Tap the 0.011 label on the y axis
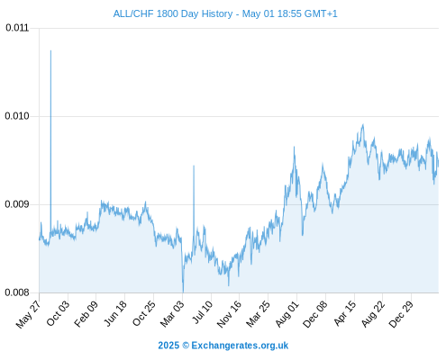(x=17, y=28)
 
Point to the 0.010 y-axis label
(x=17, y=116)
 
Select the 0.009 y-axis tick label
(x=17, y=204)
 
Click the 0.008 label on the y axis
(x=17, y=292)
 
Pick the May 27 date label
(x=29, y=314)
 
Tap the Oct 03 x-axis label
(x=58, y=313)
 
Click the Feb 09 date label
(x=86, y=314)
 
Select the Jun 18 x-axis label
(x=115, y=313)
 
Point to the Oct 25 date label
(x=144, y=313)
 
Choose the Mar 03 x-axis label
(x=172, y=314)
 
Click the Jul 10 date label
(x=203, y=312)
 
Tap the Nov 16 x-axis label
(x=229, y=314)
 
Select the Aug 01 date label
(x=287, y=314)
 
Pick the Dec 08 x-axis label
(x=315, y=314)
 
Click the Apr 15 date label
(x=345, y=313)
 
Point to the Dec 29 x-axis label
(x=402, y=314)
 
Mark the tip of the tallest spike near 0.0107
(x=50, y=50)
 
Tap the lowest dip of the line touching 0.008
(x=183, y=292)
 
